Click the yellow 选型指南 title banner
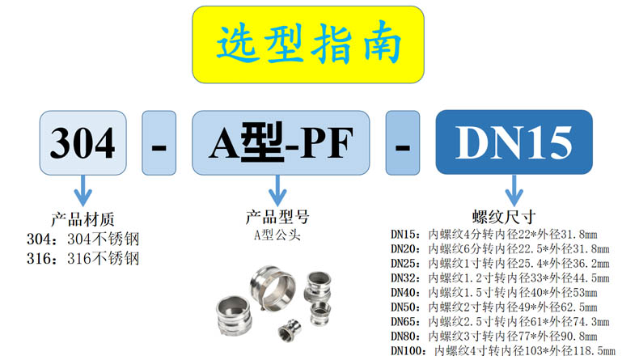(x=308, y=44)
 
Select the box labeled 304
(x=83, y=145)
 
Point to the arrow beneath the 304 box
(x=83, y=193)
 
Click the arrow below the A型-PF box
(x=278, y=193)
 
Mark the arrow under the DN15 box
(x=513, y=193)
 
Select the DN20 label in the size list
(x=407, y=248)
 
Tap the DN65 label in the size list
(x=407, y=321)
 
